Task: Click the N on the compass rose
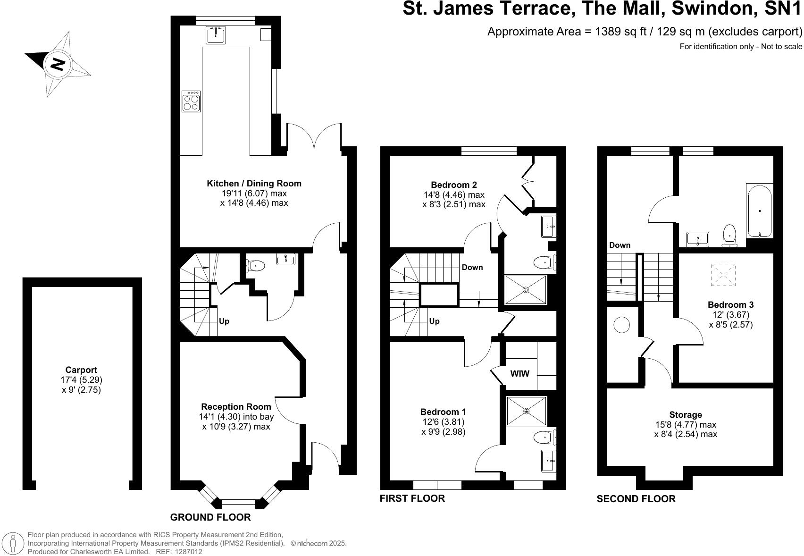(58, 64)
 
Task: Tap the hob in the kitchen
(191, 101)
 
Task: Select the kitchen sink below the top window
(216, 35)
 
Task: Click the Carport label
(81, 370)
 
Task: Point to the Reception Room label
(236, 407)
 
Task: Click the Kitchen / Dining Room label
(254, 184)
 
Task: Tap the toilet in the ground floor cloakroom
(255, 266)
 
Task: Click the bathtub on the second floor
(760, 211)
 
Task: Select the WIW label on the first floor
(520, 374)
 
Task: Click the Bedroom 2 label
(454, 185)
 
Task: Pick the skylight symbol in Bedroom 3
(723, 275)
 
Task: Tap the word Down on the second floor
(620, 245)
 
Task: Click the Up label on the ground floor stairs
(224, 321)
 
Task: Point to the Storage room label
(686, 414)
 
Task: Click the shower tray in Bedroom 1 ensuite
(526, 411)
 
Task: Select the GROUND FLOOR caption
(210, 517)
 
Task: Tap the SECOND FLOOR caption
(636, 499)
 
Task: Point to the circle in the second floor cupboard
(622, 325)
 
